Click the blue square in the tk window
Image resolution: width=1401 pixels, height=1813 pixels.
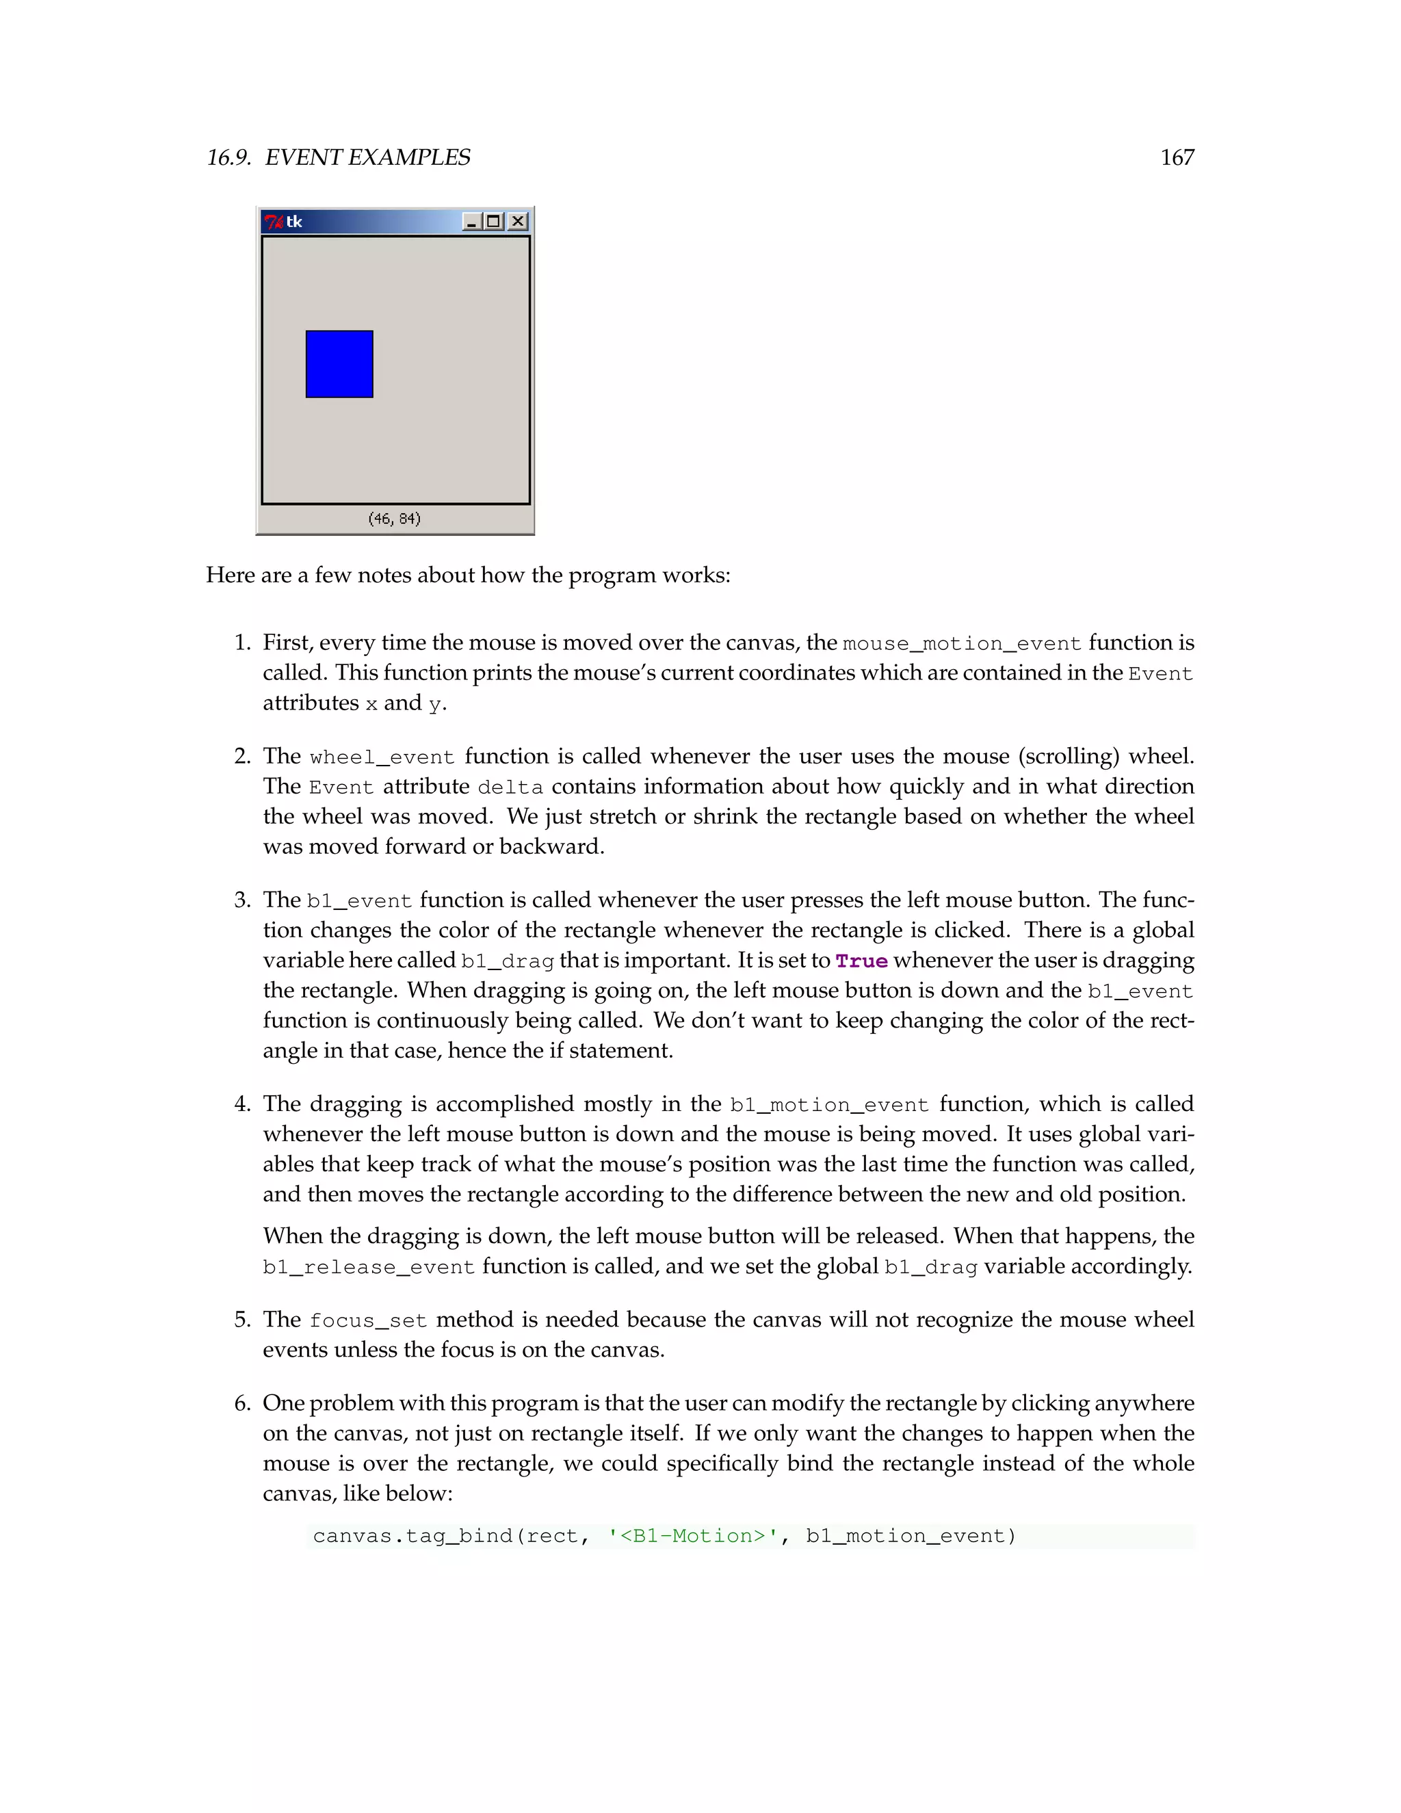coord(339,365)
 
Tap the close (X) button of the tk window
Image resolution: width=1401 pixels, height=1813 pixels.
coord(518,221)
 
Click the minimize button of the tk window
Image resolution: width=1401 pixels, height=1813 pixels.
coord(471,221)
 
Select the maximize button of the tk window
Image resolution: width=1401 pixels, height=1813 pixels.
coord(494,221)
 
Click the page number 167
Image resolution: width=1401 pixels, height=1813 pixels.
coord(1176,158)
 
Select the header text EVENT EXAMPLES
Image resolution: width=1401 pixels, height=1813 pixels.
coord(367,158)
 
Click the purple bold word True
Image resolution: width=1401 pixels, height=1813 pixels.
coord(861,961)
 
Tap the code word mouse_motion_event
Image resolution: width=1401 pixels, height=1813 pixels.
coord(962,643)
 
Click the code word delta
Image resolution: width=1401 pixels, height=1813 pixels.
coord(510,787)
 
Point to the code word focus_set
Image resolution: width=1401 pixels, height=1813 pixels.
coord(367,1320)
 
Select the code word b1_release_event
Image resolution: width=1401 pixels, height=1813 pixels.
coord(369,1267)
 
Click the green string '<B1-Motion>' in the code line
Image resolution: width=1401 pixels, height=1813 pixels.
coord(693,1536)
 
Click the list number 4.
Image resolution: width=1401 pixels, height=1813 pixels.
coord(241,1104)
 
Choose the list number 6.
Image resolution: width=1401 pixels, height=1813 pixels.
coord(241,1403)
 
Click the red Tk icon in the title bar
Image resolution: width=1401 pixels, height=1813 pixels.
coord(273,222)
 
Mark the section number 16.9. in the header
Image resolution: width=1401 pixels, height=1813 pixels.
coord(229,158)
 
